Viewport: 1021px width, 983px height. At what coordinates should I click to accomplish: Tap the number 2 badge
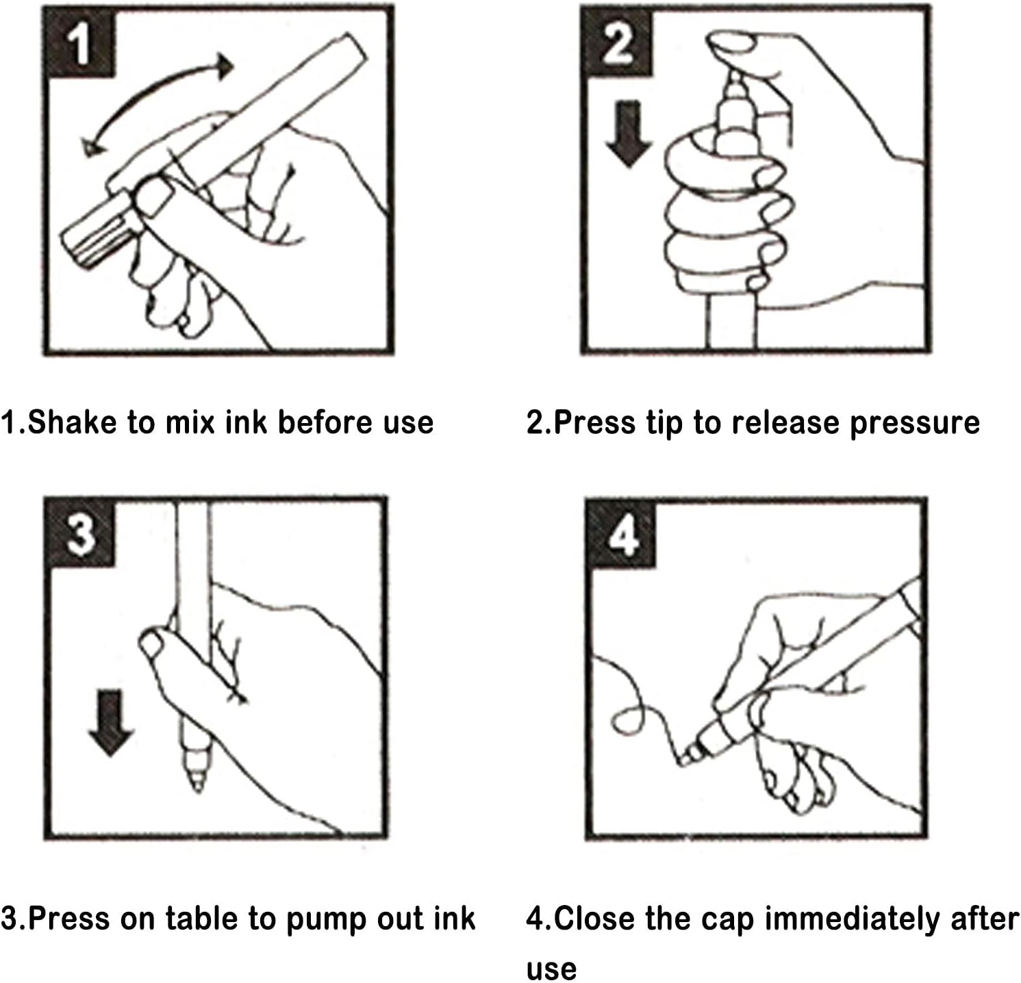[618, 41]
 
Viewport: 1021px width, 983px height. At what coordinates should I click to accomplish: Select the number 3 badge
[81, 533]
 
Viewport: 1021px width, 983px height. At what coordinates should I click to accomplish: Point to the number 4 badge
[621, 534]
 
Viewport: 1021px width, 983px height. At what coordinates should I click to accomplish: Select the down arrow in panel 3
[110, 723]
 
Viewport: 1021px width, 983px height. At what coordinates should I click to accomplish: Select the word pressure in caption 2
[915, 423]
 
